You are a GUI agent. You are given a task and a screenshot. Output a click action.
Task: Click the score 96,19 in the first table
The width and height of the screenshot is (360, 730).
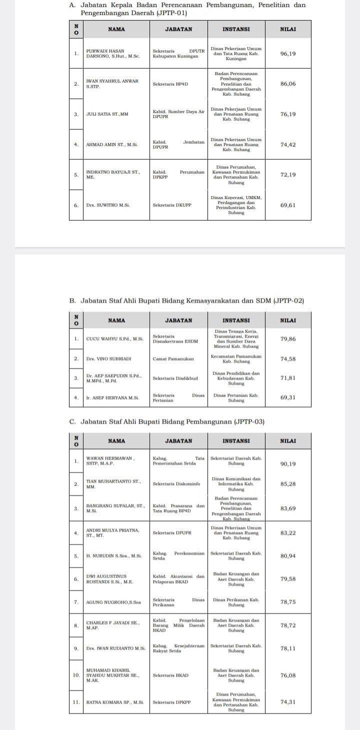pos(288,53)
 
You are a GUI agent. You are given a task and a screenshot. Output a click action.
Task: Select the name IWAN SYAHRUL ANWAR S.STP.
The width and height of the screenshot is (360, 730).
pos(112,83)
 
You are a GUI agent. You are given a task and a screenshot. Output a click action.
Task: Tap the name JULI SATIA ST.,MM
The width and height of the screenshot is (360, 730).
pos(107,114)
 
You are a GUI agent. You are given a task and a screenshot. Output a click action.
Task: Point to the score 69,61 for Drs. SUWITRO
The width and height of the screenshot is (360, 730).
pos(288,205)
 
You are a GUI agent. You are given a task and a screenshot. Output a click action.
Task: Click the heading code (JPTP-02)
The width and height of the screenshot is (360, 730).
pos(289,300)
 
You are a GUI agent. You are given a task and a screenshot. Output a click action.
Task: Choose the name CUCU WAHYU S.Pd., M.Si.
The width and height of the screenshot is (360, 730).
pos(114,339)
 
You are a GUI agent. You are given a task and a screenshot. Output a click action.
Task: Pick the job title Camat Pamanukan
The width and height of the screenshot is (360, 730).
pos(173,358)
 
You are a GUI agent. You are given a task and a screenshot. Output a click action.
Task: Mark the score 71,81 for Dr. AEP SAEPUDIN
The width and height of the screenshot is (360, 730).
pos(288,378)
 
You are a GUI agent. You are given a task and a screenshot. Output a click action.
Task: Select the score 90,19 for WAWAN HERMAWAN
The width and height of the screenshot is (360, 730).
pos(288,463)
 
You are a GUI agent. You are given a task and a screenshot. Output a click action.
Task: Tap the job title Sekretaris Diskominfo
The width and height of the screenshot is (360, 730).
pos(176,483)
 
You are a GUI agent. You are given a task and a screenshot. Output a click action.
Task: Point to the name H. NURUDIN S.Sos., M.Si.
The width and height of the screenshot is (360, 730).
pos(114,555)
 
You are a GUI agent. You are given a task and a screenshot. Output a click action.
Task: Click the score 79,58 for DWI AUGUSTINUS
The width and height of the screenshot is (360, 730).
pos(288,579)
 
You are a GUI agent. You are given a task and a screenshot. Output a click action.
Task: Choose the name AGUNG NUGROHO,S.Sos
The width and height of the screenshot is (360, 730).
pos(114,602)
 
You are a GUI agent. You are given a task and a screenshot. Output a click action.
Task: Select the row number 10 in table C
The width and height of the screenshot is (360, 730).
pos(76,675)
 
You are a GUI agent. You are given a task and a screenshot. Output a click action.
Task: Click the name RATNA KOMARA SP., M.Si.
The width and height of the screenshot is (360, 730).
pos(115,702)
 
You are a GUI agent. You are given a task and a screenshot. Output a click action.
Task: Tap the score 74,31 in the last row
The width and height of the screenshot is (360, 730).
pos(288,702)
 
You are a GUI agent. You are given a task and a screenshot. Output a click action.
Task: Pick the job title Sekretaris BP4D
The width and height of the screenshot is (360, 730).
pos(170,84)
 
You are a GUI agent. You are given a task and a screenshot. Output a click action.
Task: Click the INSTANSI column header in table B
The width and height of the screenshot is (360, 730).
pos(236,320)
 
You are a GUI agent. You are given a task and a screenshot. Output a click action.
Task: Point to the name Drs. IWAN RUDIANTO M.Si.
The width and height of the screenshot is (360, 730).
pos(115,648)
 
